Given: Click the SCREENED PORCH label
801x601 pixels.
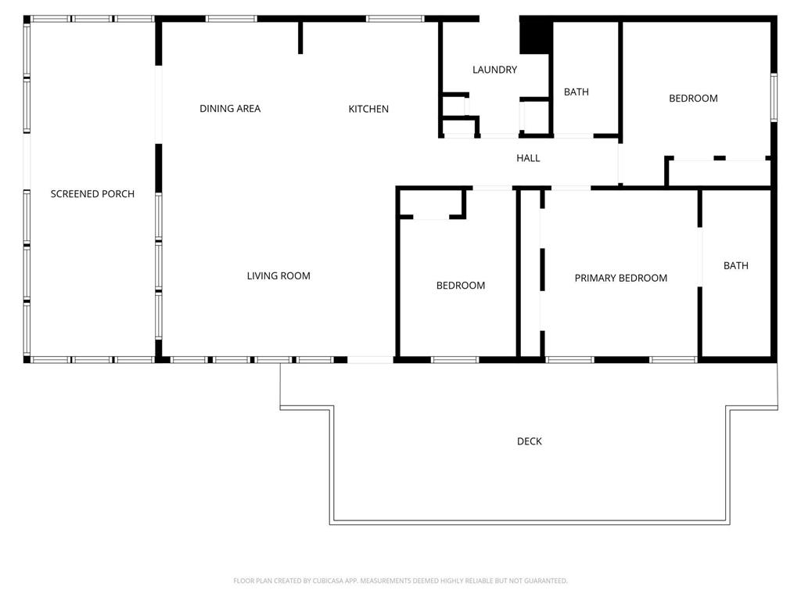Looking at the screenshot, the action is pyautogui.click(x=92, y=194).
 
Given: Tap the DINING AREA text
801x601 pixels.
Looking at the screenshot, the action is pyautogui.click(x=230, y=108).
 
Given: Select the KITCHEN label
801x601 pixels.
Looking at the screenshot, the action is pyautogui.click(x=368, y=109).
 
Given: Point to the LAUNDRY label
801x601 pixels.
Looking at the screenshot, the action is pyautogui.click(x=494, y=70).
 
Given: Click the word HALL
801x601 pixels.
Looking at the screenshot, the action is pyautogui.click(x=528, y=158).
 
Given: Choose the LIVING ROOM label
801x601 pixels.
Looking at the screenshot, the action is pyautogui.click(x=278, y=276).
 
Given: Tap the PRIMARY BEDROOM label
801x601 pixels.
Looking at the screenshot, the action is pyautogui.click(x=620, y=278).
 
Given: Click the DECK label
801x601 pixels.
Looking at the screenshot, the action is pyautogui.click(x=530, y=441).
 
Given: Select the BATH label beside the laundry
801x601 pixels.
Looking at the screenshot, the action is pyautogui.click(x=577, y=92).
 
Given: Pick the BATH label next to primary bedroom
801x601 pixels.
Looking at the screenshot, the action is pyautogui.click(x=735, y=266).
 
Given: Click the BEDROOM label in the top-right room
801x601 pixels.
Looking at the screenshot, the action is pyautogui.click(x=693, y=98).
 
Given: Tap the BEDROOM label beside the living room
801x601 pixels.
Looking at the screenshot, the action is pyautogui.click(x=460, y=286).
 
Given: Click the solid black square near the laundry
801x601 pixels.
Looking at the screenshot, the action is pyautogui.click(x=535, y=37).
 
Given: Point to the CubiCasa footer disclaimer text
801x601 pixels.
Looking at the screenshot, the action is pyautogui.click(x=400, y=581).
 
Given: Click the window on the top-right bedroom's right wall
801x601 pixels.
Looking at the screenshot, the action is pyautogui.click(x=774, y=97).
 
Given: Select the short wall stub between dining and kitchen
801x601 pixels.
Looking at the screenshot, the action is pyautogui.click(x=300, y=38).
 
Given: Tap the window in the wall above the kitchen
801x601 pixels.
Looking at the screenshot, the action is pyautogui.click(x=395, y=19).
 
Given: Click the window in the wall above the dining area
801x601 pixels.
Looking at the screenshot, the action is pyautogui.click(x=232, y=19).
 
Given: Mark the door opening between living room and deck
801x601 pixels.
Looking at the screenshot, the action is pyautogui.click(x=370, y=360).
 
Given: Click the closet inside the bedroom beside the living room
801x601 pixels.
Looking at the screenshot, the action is pyautogui.click(x=431, y=203).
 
